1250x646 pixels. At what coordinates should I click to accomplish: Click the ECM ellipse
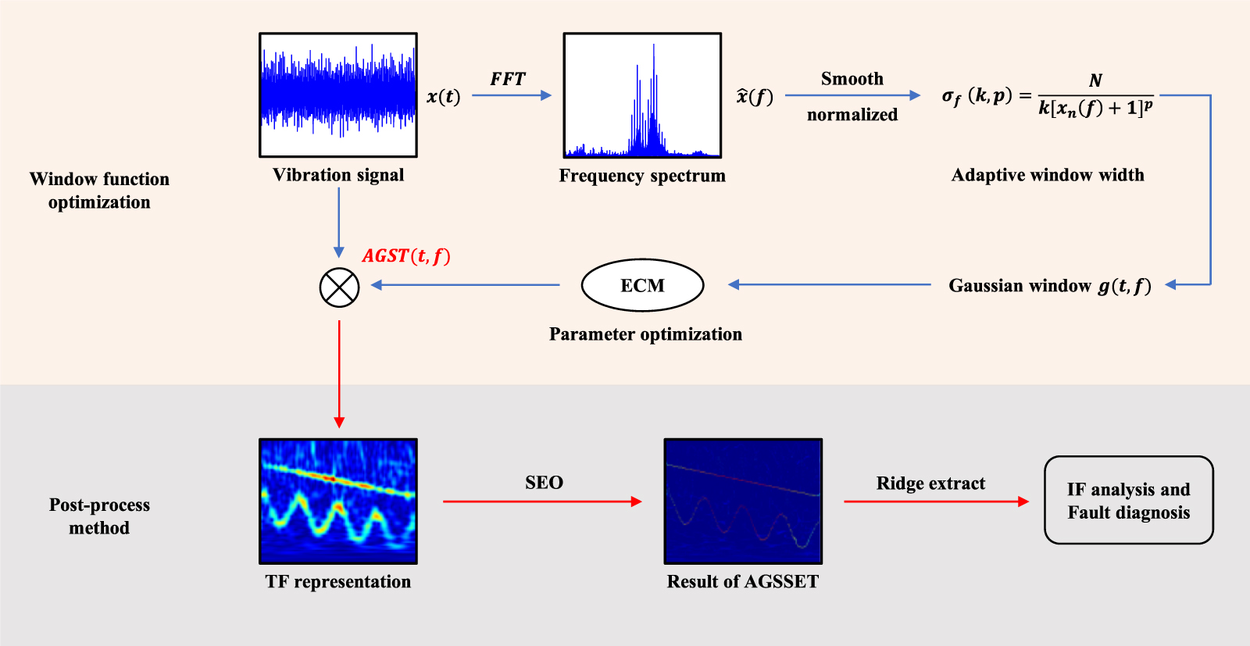coord(642,285)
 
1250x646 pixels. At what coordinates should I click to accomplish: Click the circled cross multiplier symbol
coord(339,287)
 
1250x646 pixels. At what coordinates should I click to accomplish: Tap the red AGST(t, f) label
coord(406,256)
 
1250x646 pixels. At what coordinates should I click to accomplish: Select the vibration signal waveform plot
coord(338,95)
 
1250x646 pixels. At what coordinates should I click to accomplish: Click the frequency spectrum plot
coord(642,95)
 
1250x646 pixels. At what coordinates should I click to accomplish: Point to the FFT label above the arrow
coord(508,79)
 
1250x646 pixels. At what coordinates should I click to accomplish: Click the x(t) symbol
coord(443,97)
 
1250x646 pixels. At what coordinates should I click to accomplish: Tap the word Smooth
coord(852,79)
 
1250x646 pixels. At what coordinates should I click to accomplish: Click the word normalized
coord(852,115)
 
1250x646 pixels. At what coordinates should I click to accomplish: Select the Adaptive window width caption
coord(1047,175)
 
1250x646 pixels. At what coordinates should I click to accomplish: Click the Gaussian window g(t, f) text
coord(1049,286)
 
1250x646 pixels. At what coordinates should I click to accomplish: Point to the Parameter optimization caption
coord(645,334)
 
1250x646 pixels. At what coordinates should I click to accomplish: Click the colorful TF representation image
coord(338,501)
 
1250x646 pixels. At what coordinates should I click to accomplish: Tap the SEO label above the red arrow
coord(544,483)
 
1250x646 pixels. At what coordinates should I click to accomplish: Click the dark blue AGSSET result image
coord(743,501)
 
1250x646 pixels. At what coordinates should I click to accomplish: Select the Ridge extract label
coord(930,484)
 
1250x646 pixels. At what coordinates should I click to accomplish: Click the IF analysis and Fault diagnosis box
coord(1128,501)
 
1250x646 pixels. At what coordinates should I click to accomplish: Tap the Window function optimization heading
coord(99,191)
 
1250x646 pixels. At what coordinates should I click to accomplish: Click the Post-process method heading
coord(99,516)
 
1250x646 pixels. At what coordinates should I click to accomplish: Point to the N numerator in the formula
coord(1095,80)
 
